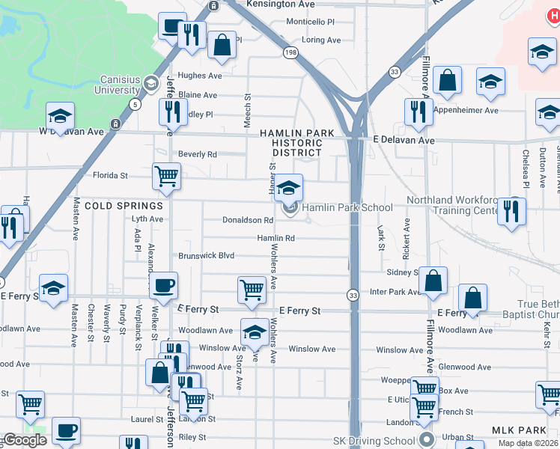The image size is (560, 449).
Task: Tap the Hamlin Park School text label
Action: coord(348,208)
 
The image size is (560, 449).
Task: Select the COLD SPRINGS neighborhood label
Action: coord(124,205)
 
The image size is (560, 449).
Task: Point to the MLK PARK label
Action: coord(520,430)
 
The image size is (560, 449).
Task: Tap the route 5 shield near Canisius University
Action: coord(135,103)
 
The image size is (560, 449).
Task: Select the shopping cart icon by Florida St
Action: coord(166,177)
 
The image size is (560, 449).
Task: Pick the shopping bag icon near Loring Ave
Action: coord(222,45)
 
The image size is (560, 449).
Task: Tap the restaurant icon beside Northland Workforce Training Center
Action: coord(512,210)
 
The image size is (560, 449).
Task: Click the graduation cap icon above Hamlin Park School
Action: coord(288,187)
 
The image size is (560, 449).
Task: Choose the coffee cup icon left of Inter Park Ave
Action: coord(164,286)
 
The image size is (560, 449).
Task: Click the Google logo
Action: coord(25,440)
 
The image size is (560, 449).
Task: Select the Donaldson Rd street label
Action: coord(248,220)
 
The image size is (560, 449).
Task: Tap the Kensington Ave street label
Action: coord(265,4)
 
